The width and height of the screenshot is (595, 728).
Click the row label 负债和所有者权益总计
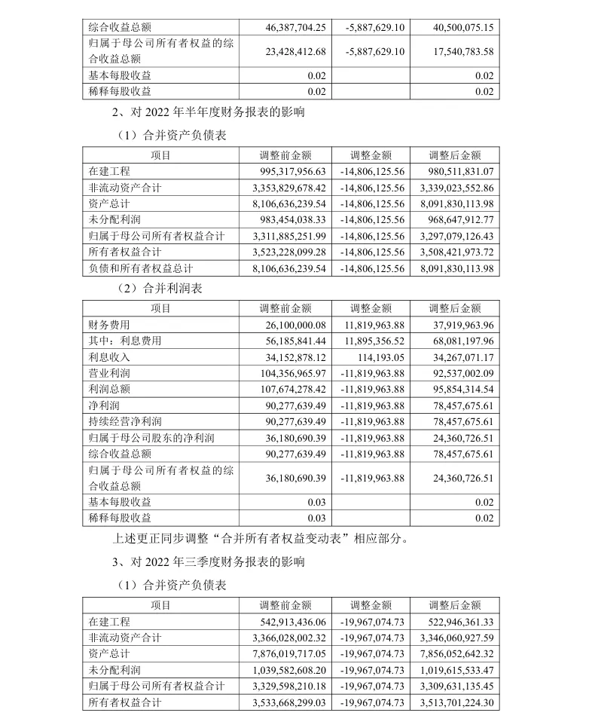(x=141, y=268)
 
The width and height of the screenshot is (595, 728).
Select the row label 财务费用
(x=110, y=324)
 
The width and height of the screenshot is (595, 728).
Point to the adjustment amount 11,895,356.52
(x=374, y=341)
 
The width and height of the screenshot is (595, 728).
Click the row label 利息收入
(x=110, y=357)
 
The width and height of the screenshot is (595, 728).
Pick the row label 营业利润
(x=110, y=373)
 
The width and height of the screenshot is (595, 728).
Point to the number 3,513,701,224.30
(x=453, y=702)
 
